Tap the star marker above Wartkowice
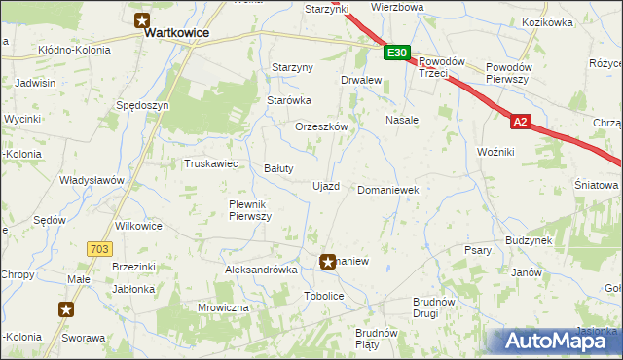[x=142, y=18]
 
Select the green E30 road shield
[x=396, y=54]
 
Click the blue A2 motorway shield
[x=521, y=122]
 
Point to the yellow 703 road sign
[x=97, y=250]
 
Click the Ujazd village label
[x=325, y=186]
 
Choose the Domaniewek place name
[x=388, y=190]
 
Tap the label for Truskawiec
[x=211, y=163]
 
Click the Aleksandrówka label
[x=260, y=270]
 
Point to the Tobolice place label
[x=324, y=296]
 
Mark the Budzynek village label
[x=529, y=239]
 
